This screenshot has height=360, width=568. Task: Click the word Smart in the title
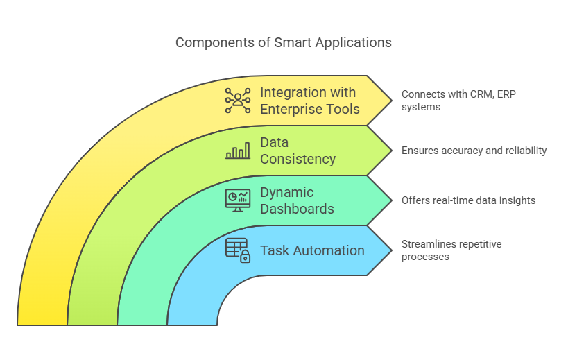pos(293,43)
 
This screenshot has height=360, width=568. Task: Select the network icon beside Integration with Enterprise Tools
pos(238,101)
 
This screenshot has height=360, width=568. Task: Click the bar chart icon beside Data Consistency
pos(238,151)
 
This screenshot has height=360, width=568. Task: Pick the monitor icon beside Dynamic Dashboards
pos(238,200)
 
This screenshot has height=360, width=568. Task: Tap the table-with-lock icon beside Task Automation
pos(238,250)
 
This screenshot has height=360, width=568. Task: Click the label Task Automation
pos(312,250)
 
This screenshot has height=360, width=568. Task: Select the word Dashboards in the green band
pos(297,209)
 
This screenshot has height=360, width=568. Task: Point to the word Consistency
pos(298,160)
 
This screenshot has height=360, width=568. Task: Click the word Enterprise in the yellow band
pos(291,110)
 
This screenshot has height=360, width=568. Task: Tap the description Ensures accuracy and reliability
pos(474,151)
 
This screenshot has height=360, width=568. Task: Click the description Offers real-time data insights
pos(468,200)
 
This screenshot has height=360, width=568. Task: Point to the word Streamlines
pos(425,244)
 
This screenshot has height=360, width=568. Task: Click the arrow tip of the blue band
pos(392,250)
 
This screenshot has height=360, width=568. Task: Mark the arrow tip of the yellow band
pos(392,101)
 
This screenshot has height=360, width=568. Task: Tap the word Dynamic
pos(287,193)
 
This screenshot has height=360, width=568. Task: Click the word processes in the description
pos(425,257)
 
